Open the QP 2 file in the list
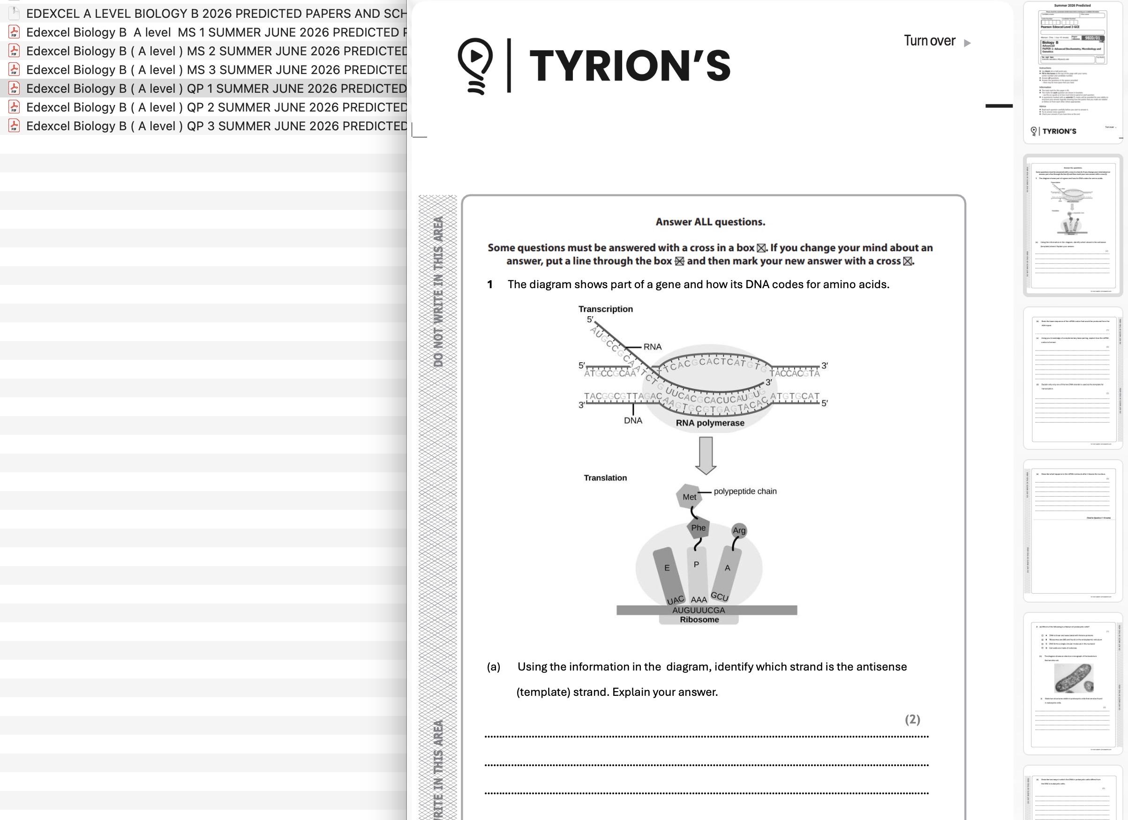click(x=216, y=107)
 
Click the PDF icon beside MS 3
click(x=14, y=69)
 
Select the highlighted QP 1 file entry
click(x=216, y=89)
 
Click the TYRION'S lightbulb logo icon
click(x=475, y=65)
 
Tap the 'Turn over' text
click(x=929, y=41)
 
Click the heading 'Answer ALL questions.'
click(x=710, y=222)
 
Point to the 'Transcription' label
click(x=605, y=309)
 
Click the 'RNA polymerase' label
click(x=710, y=423)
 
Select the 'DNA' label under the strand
click(x=632, y=420)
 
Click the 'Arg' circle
click(x=739, y=530)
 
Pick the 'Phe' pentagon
click(x=698, y=528)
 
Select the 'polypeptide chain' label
click(x=744, y=491)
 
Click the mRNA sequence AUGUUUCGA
click(x=698, y=610)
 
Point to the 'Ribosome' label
click(x=699, y=620)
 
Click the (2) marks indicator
click(x=912, y=719)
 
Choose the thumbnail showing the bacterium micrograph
click(x=1073, y=683)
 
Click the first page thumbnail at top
click(x=1073, y=72)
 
